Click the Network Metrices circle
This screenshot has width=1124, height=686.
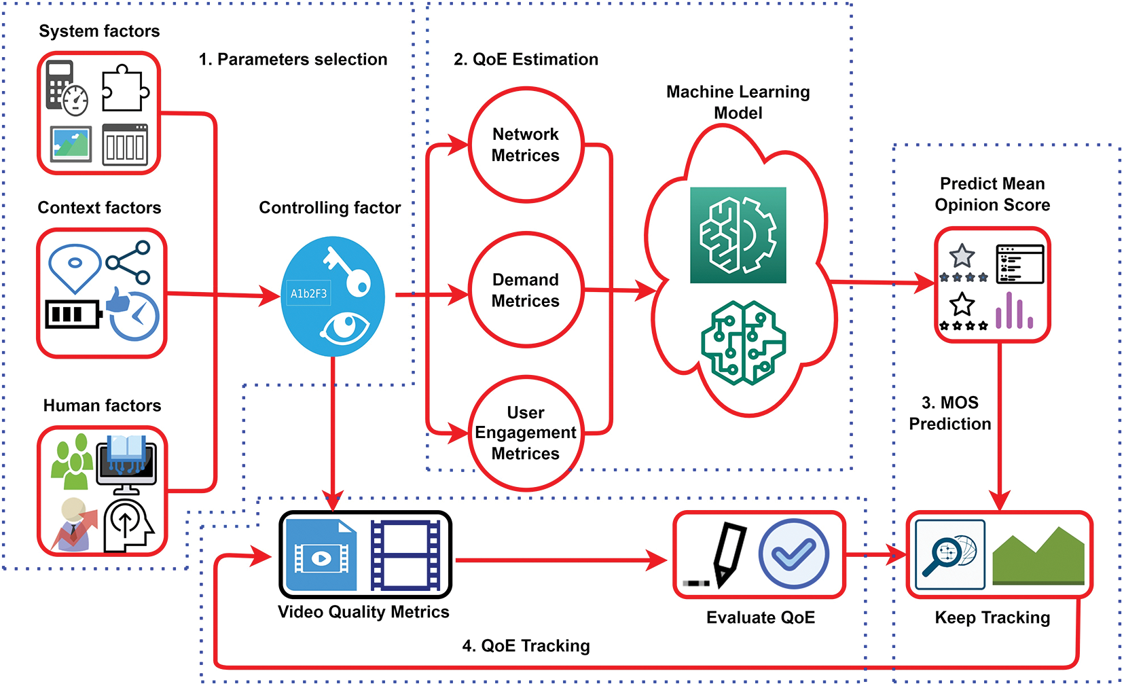pyautogui.click(x=525, y=145)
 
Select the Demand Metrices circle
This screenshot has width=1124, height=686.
pyautogui.click(x=525, y=290)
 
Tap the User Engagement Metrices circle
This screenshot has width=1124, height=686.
pyautogui.click(x=525, y=433)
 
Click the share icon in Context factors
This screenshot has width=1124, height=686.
pyautogui.click(x=129, y=262)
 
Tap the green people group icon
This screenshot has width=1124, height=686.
pyautogui.click(x=72, y=462)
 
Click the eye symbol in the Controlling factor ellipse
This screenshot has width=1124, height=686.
pyautogui.click(x=345, y=328)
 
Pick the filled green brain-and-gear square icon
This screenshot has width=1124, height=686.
pyautogui.click(x=738, y=235)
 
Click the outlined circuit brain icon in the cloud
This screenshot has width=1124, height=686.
pyautogui.click(x=743, y=343)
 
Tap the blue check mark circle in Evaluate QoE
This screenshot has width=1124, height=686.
pyautogui.click(x=793, y=554)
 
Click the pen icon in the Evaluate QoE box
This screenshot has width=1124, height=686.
pyautogui.click(x=727, y=554)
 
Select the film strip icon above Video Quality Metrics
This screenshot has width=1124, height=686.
pyautogui.click(x=405, y=555)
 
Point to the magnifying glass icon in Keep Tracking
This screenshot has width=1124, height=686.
pyautogui.click(x=949, y=554)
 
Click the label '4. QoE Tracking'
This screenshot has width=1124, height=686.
pyautogui.click(x=526, y=645)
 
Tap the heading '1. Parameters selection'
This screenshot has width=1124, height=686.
pyautogui.click(x=293, y=59)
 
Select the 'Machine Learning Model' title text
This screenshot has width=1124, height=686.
pyautogui.click(x=738, y=102)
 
